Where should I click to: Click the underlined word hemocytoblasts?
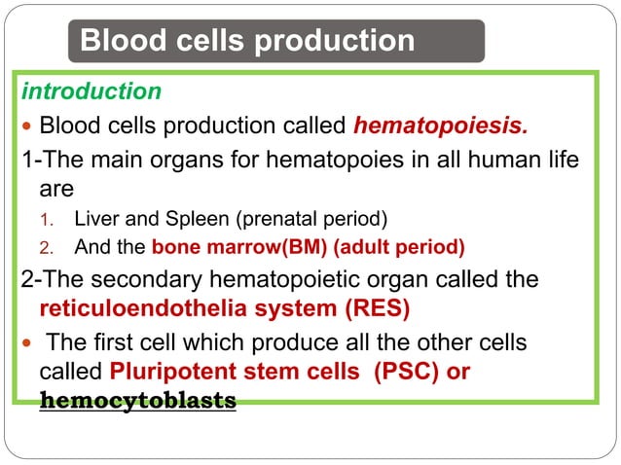coord(137,401)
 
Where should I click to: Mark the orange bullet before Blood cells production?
coord(26,126)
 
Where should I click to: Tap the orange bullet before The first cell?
coord(26,343)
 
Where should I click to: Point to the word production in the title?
coord(335,41)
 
